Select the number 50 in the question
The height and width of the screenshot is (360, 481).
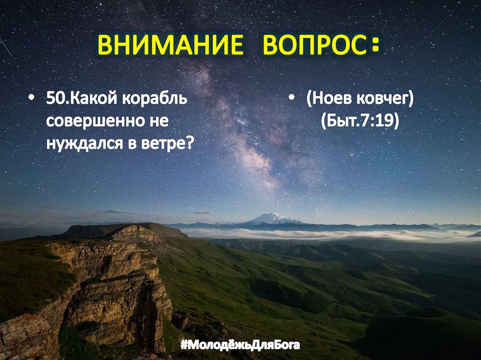tap(54, 100)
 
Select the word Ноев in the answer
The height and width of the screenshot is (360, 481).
tap(327, 100)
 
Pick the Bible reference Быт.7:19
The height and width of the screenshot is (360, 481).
tap(360, 121)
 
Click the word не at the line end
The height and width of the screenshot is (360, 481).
tap(160, 121)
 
